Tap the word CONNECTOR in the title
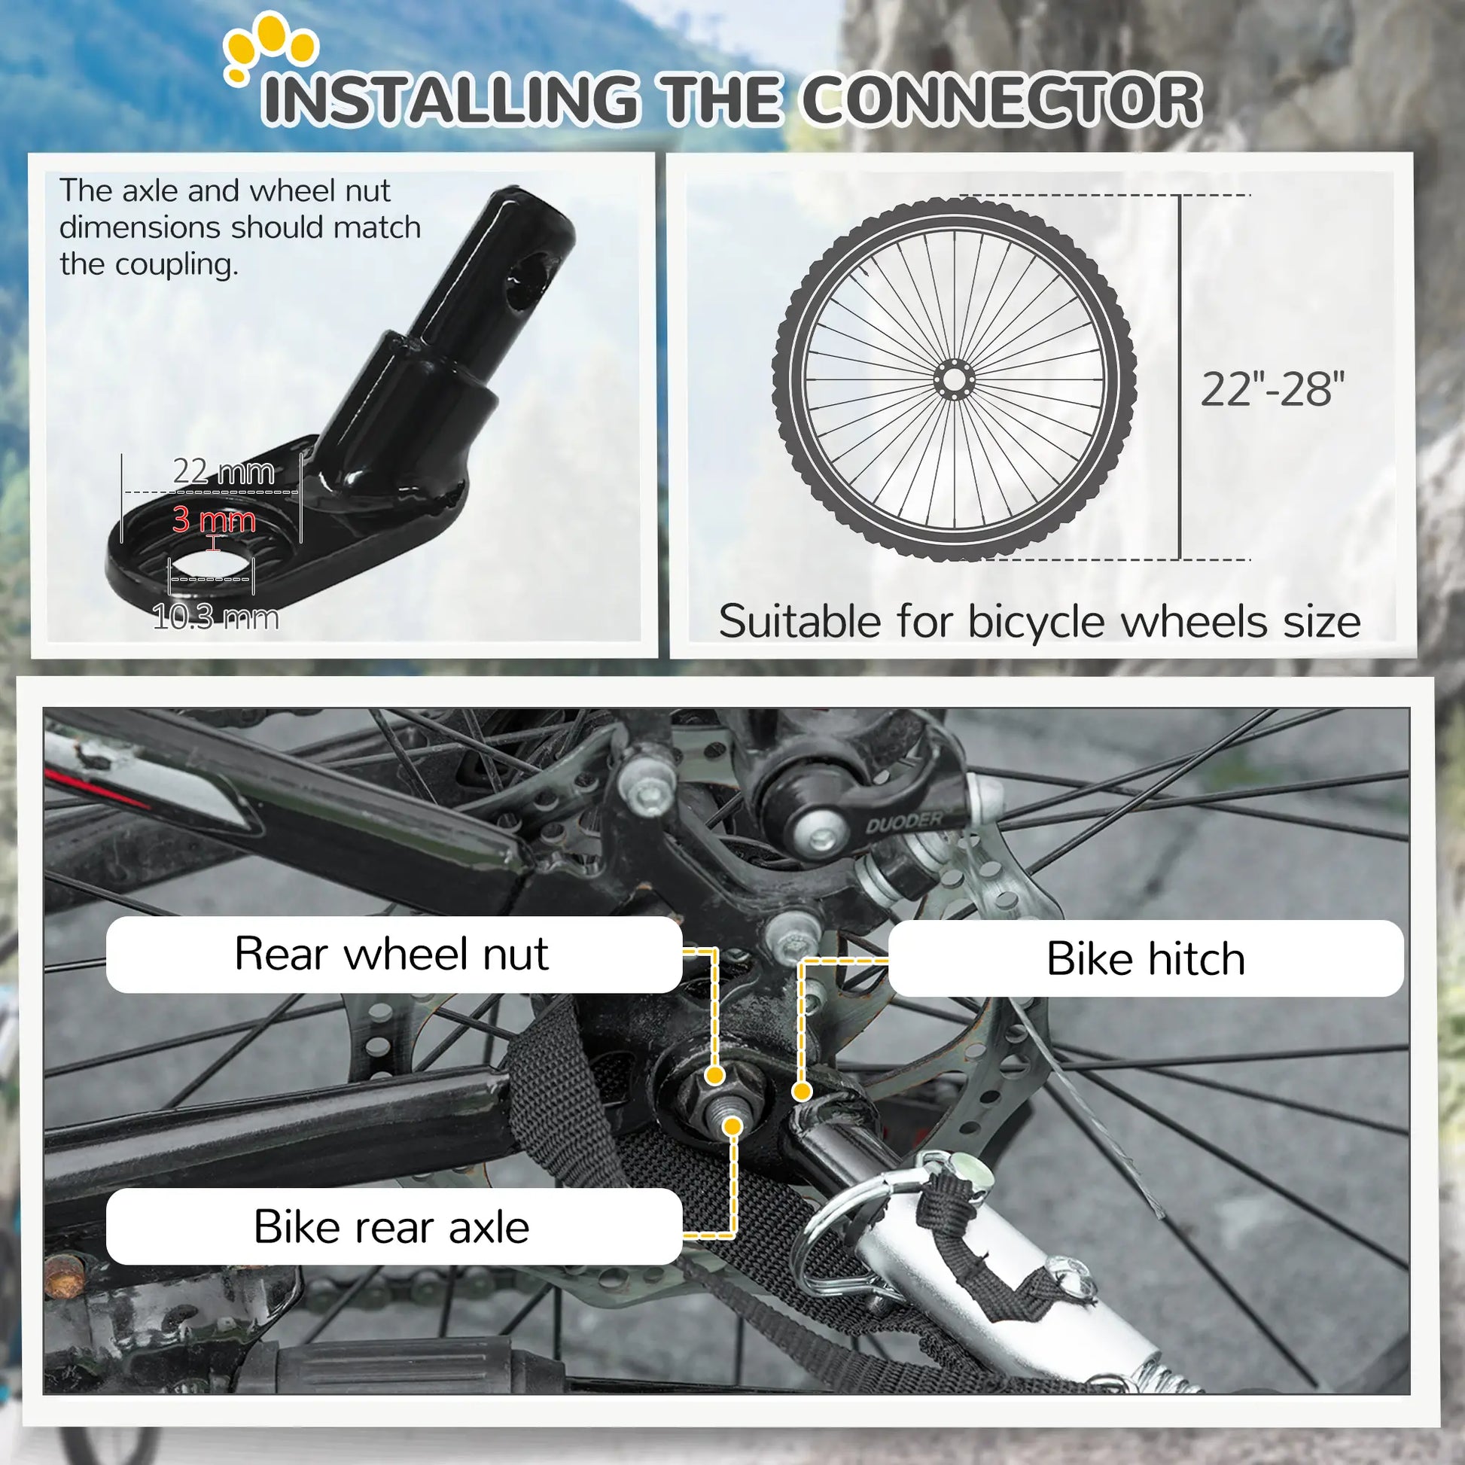click(1001, 100)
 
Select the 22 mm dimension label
click(224, 472)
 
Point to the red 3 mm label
click(214, 519)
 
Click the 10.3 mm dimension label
click(216, 617)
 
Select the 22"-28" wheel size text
click(1272, 390)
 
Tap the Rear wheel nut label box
click(393, 954)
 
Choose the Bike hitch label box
click(1145, 958)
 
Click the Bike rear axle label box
click(393, 1226)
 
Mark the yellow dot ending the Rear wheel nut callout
click(714, 1075)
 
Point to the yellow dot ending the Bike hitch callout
click(802, 1092)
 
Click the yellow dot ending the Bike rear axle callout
click(732, 1126)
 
